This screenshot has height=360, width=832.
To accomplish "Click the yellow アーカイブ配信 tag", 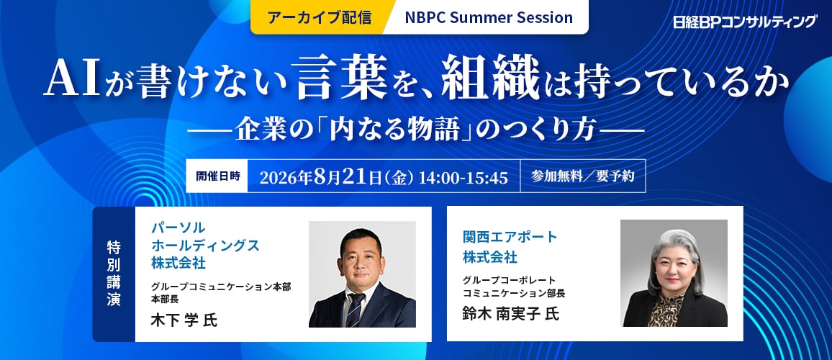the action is (318, 17).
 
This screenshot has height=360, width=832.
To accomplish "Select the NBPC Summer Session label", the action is (489, 17).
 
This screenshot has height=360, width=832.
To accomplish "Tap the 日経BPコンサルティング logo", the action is (745, 22).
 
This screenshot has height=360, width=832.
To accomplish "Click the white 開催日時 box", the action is (217, 176).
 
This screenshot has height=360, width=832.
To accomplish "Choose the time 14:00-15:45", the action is (464, 177).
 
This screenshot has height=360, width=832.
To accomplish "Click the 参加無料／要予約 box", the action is (582, 176).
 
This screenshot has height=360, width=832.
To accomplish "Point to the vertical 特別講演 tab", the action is (114, 274).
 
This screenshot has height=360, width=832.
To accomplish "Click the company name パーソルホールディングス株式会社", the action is (205, 246).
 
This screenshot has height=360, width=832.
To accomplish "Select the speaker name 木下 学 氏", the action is (184, 320).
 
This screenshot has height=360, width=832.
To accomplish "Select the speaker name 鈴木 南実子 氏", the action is (510, 314).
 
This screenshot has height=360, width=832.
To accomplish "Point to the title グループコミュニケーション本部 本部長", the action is (221, 292).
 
